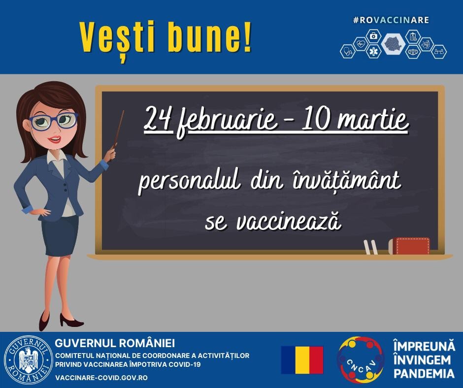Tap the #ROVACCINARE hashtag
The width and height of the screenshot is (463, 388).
coord(391,20)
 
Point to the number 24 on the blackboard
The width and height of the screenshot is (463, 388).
coord(158,121)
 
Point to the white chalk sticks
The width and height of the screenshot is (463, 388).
coord(370,247)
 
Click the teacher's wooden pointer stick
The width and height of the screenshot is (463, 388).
coord(118,129)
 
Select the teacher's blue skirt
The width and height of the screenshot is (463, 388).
coord(59,236)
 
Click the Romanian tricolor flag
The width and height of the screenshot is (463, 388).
coord(302,360)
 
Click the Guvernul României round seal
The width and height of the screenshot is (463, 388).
coord(28,360)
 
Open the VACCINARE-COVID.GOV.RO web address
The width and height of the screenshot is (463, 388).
coord(101,378)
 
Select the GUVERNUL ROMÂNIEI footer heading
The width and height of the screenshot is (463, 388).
coord(115,343)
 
